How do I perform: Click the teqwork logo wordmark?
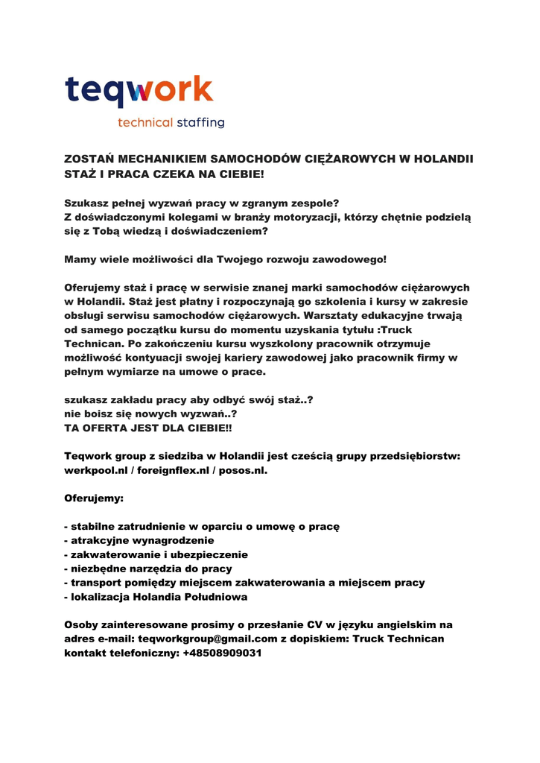(x=139, y=91)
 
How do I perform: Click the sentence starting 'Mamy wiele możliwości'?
(x=226, y=259)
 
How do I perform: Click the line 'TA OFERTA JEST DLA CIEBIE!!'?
(x=147, y=428)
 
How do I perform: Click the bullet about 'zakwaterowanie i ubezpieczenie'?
(x=159, y=554)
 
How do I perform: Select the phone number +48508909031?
(x=222, y=653)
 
